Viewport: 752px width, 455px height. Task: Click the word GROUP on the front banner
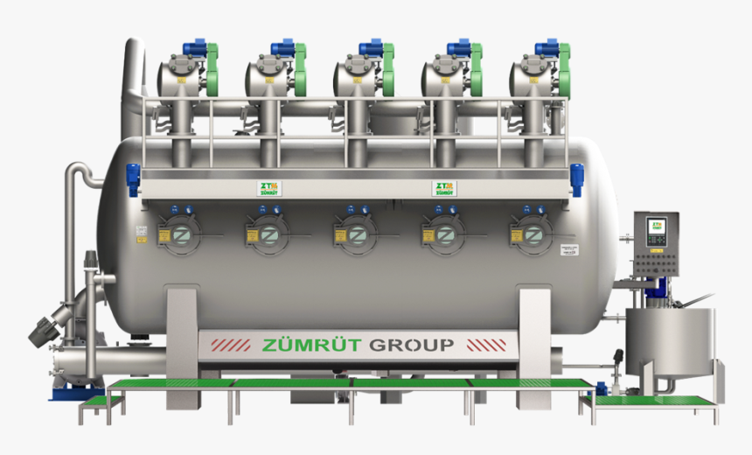[x=412, y=345]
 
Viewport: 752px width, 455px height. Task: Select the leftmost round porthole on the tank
[x=180, y=234]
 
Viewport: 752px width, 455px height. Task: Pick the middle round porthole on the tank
[x=357, y=234]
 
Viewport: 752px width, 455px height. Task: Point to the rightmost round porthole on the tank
[x=533, y=234]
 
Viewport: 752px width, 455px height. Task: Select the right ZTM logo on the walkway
[x=443, y=188]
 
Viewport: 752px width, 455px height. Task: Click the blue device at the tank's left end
[x=133, y=178]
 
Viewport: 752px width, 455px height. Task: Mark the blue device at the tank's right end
[x=576, y=178]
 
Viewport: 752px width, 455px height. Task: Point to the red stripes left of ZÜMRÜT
[x=229, y=345]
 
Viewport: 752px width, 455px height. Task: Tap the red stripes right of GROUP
[x=482, y=345]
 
